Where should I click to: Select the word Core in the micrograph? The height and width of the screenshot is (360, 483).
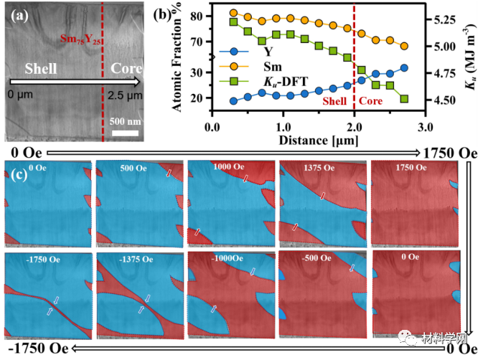pyautogui.click(x=126, y=70)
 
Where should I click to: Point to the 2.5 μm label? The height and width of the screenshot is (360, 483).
pyautogui.click(x=124, y=95)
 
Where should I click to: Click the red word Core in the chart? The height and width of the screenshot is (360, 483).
pyautogui.click(x=370, y=102)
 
